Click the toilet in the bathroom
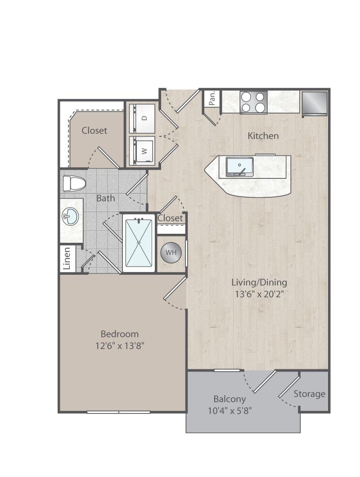74,183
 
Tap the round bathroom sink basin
71,217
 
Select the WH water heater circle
171,253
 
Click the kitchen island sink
240,167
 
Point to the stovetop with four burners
253,103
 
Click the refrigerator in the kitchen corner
315,104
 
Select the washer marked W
142,151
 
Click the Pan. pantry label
212,98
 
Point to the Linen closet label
67,258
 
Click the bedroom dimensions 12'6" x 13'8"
119,346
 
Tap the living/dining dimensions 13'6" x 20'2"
259,294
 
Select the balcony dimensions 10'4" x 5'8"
229,411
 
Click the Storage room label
309,394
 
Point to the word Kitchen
263,136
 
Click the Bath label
106,198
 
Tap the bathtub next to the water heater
139,243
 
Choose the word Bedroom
120,334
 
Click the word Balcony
229,399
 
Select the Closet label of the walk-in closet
94,131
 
